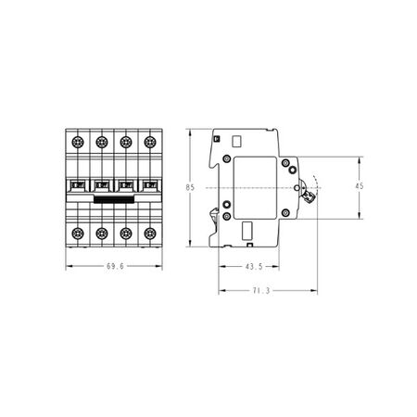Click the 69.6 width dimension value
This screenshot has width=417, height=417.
pos(115,266)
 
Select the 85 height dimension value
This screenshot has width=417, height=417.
pos(190,187)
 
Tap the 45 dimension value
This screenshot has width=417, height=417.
pos(360,186)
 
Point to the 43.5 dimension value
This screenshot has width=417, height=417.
pos(254,267)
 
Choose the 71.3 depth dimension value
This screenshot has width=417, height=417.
pos(261,291)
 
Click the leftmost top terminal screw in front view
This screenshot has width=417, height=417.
pos(78,142)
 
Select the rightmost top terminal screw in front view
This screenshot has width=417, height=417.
pos(150,142)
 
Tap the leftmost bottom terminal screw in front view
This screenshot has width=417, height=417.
pos(78,234)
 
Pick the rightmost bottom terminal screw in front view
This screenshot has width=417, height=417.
pos(150,234)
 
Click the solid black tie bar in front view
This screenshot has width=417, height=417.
pos(114,200)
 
